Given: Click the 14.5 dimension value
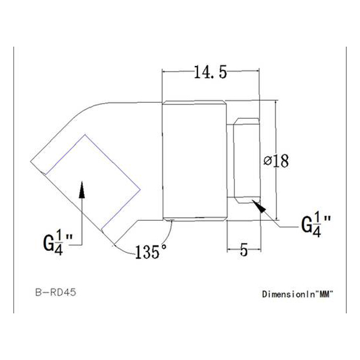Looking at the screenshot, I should pos(210,73).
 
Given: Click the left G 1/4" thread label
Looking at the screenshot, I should pos(58,244).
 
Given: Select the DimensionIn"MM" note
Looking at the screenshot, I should pos(297,295).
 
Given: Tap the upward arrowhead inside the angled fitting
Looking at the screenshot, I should pos(82,193).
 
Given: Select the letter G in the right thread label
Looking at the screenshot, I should pos(306,225).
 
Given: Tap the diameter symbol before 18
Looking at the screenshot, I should pos(268,161).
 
